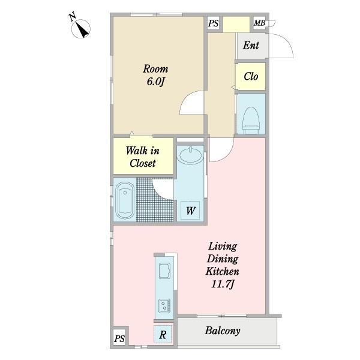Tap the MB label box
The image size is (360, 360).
pos(259,23)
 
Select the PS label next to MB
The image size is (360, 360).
pos(213,23)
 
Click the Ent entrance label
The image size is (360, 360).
pos(251,45)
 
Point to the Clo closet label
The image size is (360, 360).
pos(251,76)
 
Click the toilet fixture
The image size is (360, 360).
pos(251,121)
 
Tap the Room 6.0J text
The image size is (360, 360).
pos(155,75)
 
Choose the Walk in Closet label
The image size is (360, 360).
pos(143,157)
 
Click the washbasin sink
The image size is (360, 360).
pos(190,155)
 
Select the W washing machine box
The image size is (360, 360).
pos(190,211)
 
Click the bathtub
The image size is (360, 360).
pos(125,200)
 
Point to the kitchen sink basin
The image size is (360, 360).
pos(164,271)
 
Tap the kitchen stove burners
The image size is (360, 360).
pos(164,305)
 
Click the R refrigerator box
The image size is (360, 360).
pos(163,335)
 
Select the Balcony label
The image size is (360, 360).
pos(223,331)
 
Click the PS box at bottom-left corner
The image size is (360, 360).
pos(119,338)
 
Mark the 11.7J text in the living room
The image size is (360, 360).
pos(223,284)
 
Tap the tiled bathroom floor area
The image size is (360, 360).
pos(154,200)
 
